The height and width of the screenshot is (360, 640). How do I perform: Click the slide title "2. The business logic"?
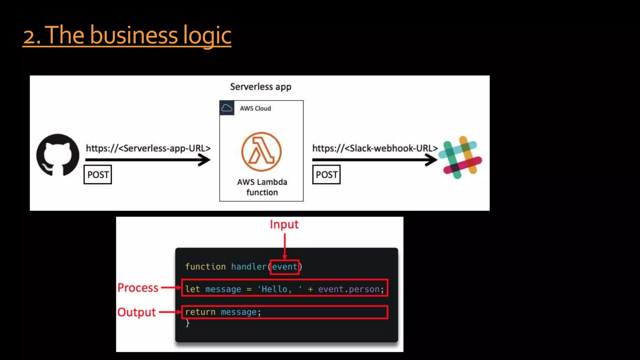pos(127,35)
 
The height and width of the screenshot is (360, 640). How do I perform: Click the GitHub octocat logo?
pos(58,155)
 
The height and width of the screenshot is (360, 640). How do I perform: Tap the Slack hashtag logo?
pos(460,157)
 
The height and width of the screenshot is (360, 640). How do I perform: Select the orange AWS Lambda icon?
pos(261,152)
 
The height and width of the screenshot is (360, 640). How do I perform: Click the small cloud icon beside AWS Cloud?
pos(227,108)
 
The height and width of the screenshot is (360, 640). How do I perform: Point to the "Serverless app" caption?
pos(261,87)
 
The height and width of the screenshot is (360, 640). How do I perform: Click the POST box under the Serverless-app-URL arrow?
pos(98,175)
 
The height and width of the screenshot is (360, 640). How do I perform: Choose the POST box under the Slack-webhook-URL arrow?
pos(327,175)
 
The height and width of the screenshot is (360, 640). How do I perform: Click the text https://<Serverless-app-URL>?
pos(148,148)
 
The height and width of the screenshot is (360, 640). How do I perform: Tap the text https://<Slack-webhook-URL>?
pos(375,148)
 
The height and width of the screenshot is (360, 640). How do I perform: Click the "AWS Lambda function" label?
pos(262,187)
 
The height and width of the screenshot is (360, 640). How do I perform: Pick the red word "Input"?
pos(284,224)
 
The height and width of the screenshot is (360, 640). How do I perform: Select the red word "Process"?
pos(138,287)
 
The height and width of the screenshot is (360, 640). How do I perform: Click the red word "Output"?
pos(137,312)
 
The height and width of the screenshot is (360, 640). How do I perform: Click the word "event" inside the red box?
pos(284,267)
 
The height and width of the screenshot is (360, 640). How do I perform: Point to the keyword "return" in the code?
pos(200,312)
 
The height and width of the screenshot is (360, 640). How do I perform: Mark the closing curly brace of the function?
pos(187,323)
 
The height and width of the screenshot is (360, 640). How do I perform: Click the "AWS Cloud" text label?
pos(255,108)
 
